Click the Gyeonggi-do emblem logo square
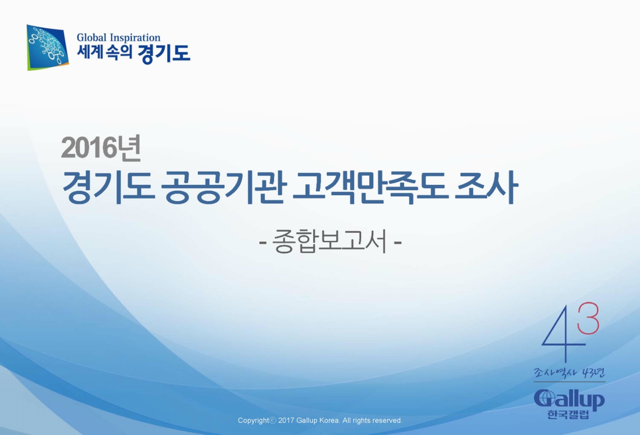[48, 47]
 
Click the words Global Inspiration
[119, 38]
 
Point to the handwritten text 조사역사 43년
[569, 374]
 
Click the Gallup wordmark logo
[569, 401]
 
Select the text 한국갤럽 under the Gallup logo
[569, 417]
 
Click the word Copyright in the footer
[254, 420]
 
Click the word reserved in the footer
[387, 420]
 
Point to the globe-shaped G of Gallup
[544, 399]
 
